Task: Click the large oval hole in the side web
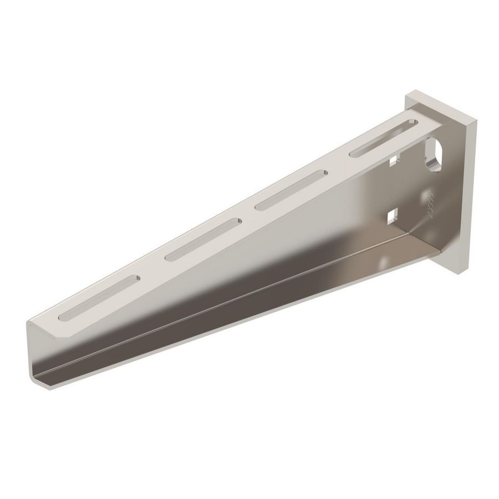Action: (433, 154)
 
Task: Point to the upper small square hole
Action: (394, 161)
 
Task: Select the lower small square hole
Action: (394, 215)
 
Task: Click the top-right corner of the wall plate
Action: (476, 118)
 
